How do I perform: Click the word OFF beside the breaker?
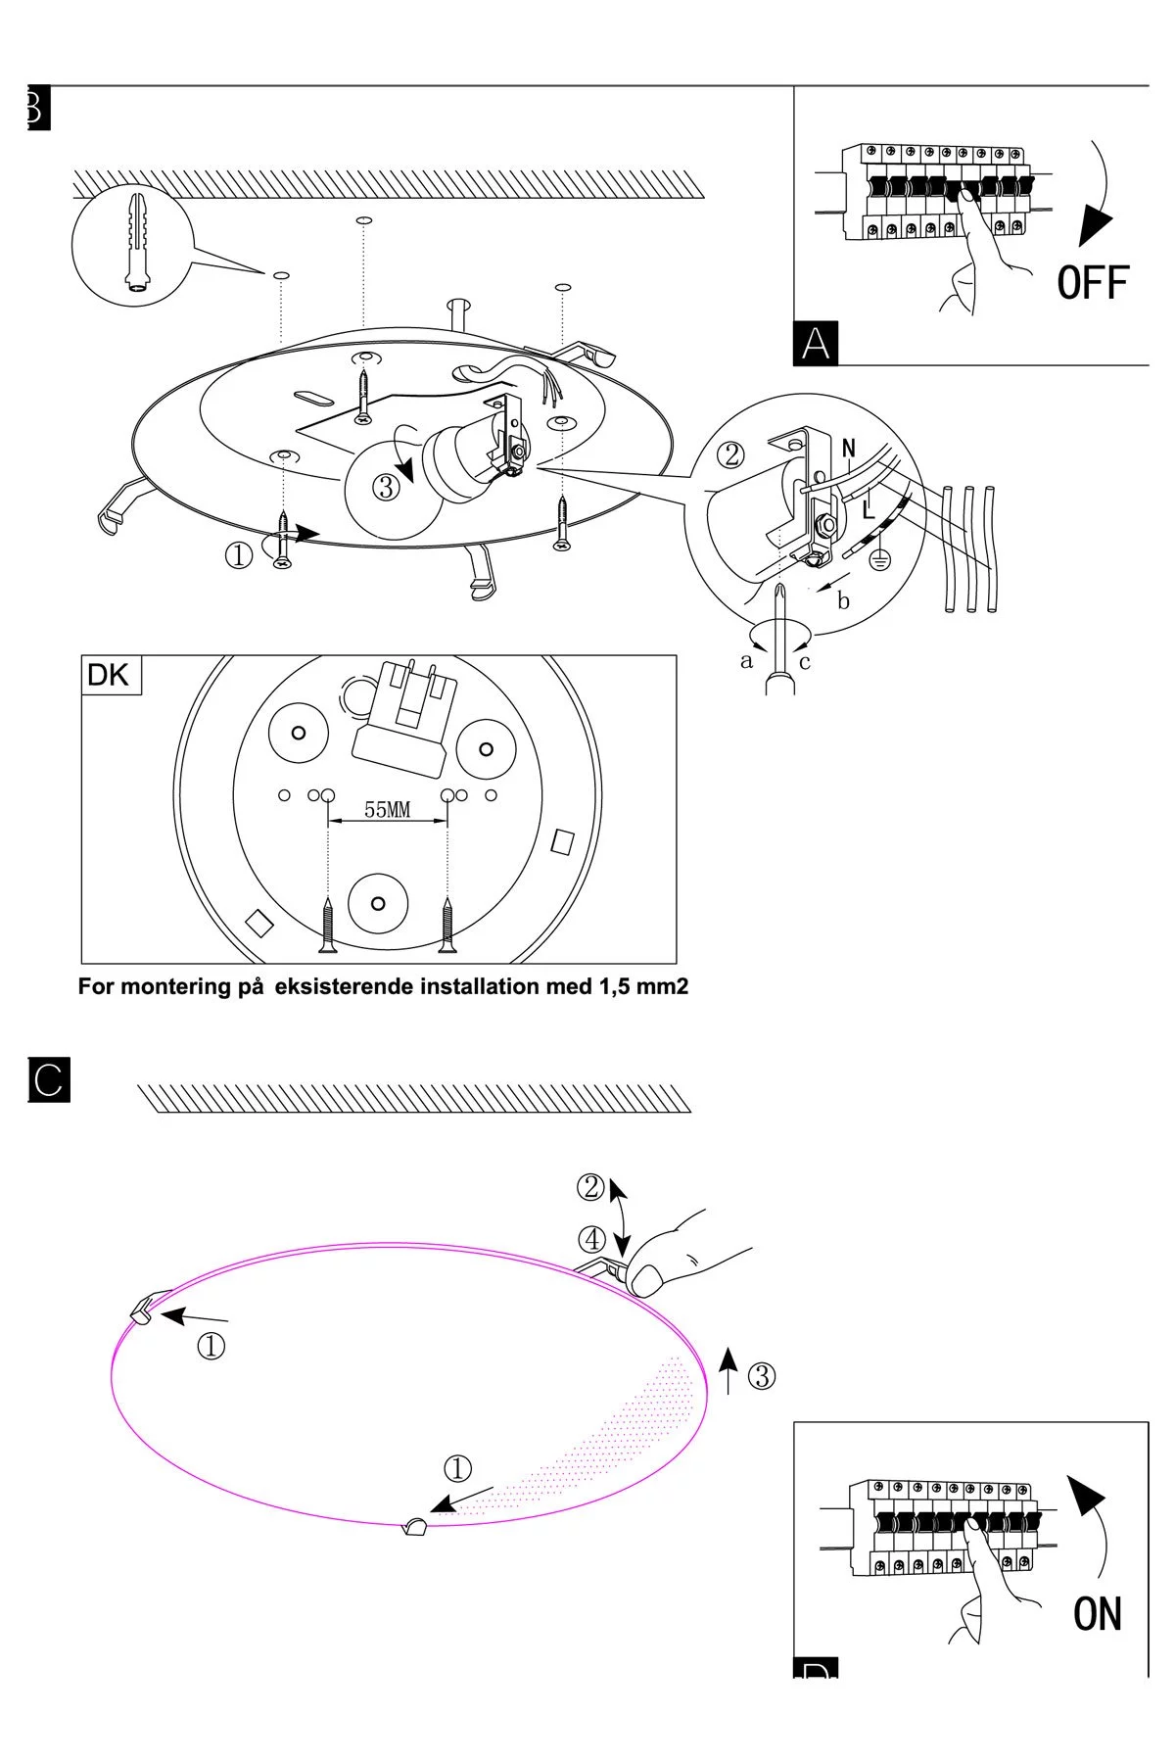[1093, 283]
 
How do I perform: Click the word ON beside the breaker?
[1098, 1615]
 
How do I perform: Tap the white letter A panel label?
[816, 344]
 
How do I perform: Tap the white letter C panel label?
[49, 1079]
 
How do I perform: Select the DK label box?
[111, 676]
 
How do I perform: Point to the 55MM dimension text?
[388, 810]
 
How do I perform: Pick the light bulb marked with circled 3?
[388, 488]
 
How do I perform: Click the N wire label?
[849, 449]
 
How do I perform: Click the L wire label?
[869, 508]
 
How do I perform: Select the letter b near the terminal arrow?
[844, 601]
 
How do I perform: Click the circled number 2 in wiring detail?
[731, 454]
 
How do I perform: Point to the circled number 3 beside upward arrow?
[762, 1376]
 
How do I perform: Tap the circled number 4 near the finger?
[592, 1240]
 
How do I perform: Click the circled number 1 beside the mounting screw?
[239, 556]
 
